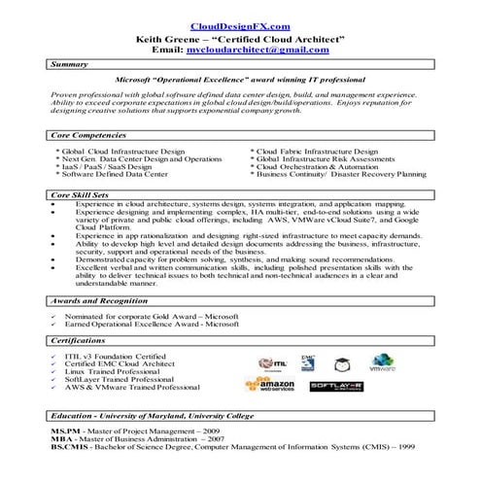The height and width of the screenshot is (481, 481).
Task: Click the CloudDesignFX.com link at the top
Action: [x=240, y=27]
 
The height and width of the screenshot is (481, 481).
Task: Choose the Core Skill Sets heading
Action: [x=82, y=194]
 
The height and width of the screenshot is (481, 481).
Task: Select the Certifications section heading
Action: [x=79, y=342]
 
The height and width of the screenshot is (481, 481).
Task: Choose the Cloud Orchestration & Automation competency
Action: [x=316, y=167]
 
